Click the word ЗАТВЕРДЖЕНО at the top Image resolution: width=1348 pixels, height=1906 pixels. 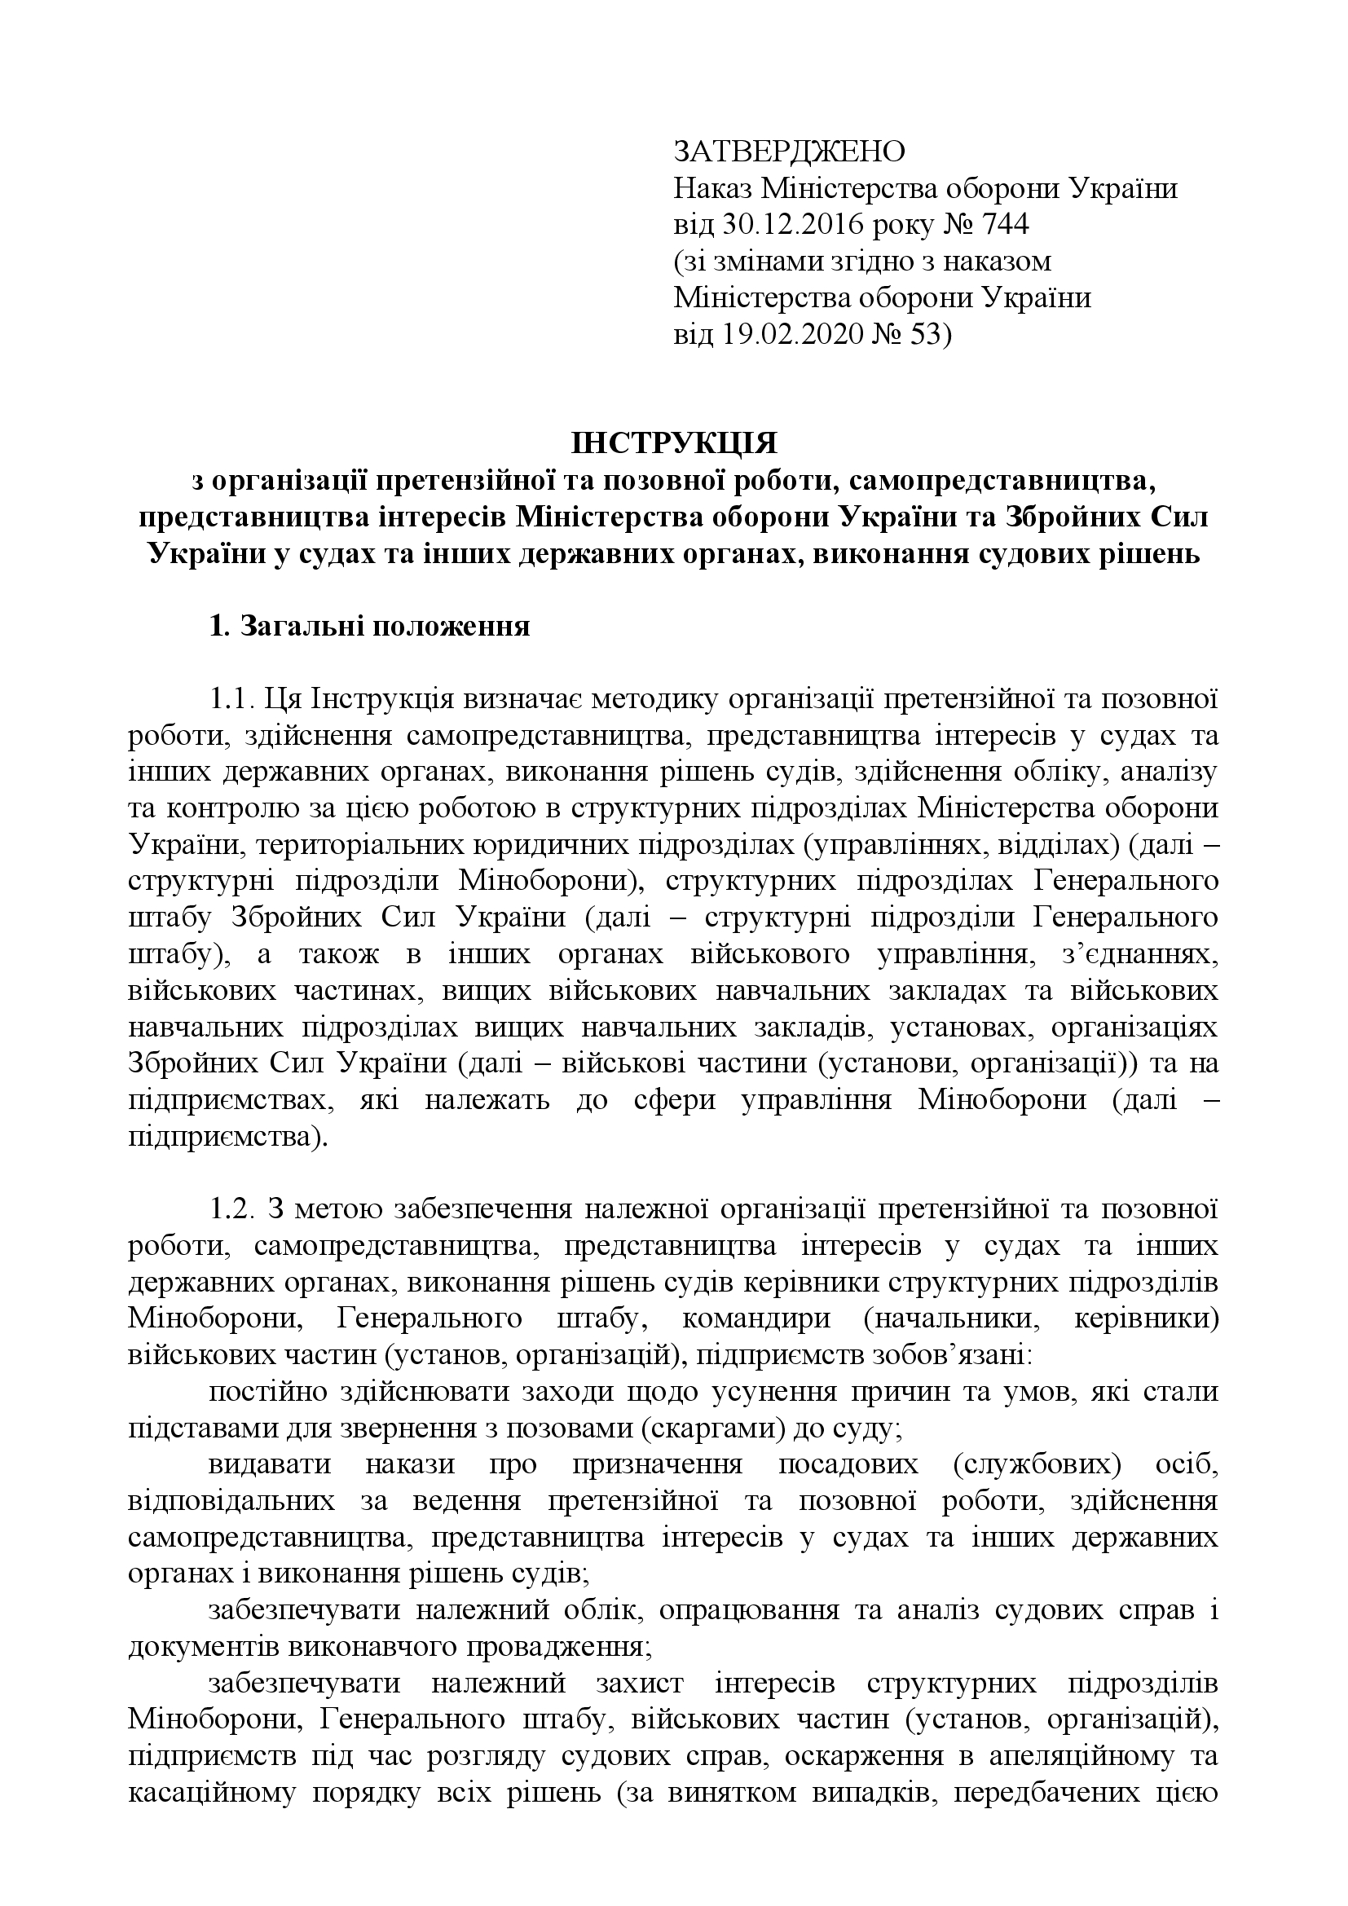coord(789,152)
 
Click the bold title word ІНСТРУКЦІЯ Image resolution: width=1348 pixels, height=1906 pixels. coord(673,444)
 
